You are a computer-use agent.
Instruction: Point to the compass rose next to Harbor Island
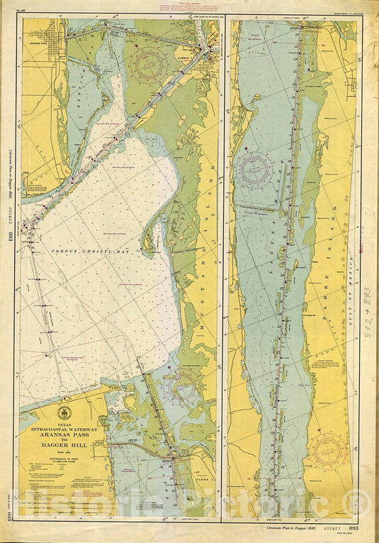point(150,65)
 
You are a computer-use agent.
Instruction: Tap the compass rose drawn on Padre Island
point(328,449)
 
